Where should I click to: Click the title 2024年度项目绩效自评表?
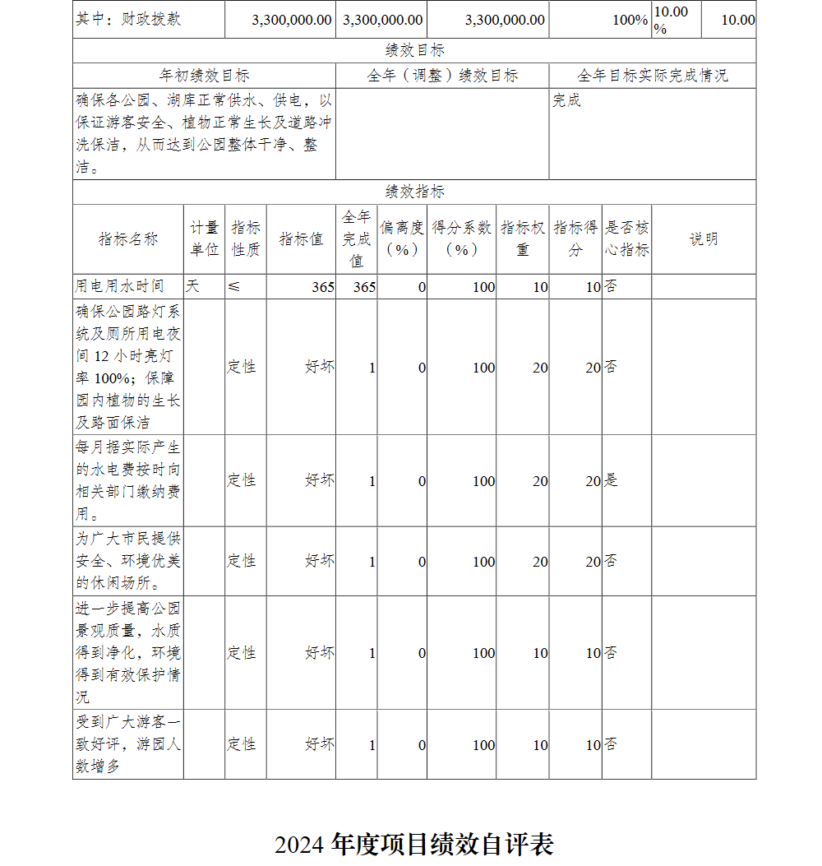[x=413, y=844]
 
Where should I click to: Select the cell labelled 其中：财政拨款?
[x=128, y=20]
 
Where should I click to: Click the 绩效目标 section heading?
[x=414, y=51]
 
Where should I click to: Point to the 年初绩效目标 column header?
[x=204, y=76]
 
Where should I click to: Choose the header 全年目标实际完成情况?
[x=652, y=76]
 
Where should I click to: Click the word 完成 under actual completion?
[x=566, y=100]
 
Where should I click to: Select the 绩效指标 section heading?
[x=414, y=192]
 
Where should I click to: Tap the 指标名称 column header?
[x=128, y=239]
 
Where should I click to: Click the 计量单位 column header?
[x=205, y=239]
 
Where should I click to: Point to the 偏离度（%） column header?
[x=402, y=239]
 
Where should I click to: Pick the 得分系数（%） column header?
[x=461, y=239]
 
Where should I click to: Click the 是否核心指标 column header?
[x=626, y=239]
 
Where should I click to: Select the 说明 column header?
[x=704, y=239]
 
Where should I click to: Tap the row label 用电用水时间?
[x=120, y=286]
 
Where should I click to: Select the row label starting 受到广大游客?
[x=128, y=744]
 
